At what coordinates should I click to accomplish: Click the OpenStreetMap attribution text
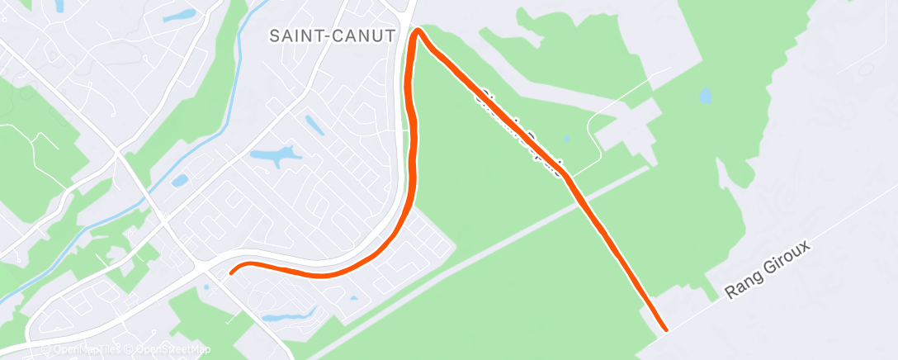click(x=170, y=350)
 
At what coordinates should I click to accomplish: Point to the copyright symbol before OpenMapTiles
click(x=47, y=350)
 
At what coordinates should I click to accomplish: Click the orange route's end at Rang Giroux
click(x=664, y=329)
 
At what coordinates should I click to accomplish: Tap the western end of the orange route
click(x=231, y=271)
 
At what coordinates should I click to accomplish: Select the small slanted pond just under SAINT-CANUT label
click(x=314, y=126)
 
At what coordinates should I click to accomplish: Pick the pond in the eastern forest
click(x=705, y=96)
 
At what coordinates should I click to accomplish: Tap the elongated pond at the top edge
click(x=179, y=14)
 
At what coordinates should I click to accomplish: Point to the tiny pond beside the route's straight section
click(x=565, y=138)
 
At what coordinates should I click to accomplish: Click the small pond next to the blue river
click(x=180, y=180)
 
